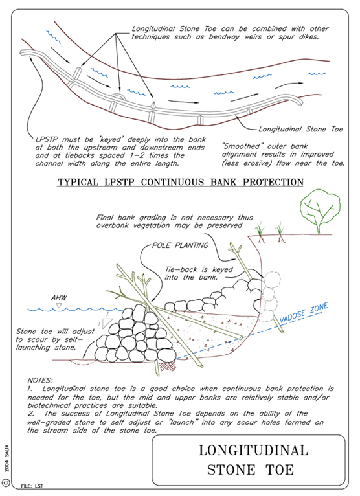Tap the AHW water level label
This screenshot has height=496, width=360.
(59, 298)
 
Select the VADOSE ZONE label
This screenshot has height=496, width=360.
(304, 313)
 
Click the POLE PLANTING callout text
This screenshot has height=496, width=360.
(180, 245)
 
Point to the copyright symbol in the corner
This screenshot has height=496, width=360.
(6, 482)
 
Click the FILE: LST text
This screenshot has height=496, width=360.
(32, 486)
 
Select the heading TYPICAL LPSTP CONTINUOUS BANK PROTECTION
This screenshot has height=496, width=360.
(180, 182)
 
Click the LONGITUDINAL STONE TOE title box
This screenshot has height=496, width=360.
(249, 460)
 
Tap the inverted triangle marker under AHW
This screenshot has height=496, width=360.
(58, 306)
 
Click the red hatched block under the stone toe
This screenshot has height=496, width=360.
(167, 366)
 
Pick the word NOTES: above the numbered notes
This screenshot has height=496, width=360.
(40, 381)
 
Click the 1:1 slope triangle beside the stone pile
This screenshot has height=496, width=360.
(107, 323)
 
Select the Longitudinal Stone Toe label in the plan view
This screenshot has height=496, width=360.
(300, 129)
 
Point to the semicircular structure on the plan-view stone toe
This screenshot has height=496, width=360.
(119, 96)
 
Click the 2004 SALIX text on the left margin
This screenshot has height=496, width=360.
(7, 458)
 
